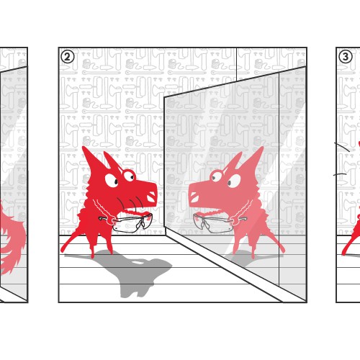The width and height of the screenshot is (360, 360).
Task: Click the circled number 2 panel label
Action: click(67, 56)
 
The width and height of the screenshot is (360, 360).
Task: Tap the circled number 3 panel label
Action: click(346, 56)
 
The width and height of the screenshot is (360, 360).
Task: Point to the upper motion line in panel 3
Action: click(343, 147)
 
